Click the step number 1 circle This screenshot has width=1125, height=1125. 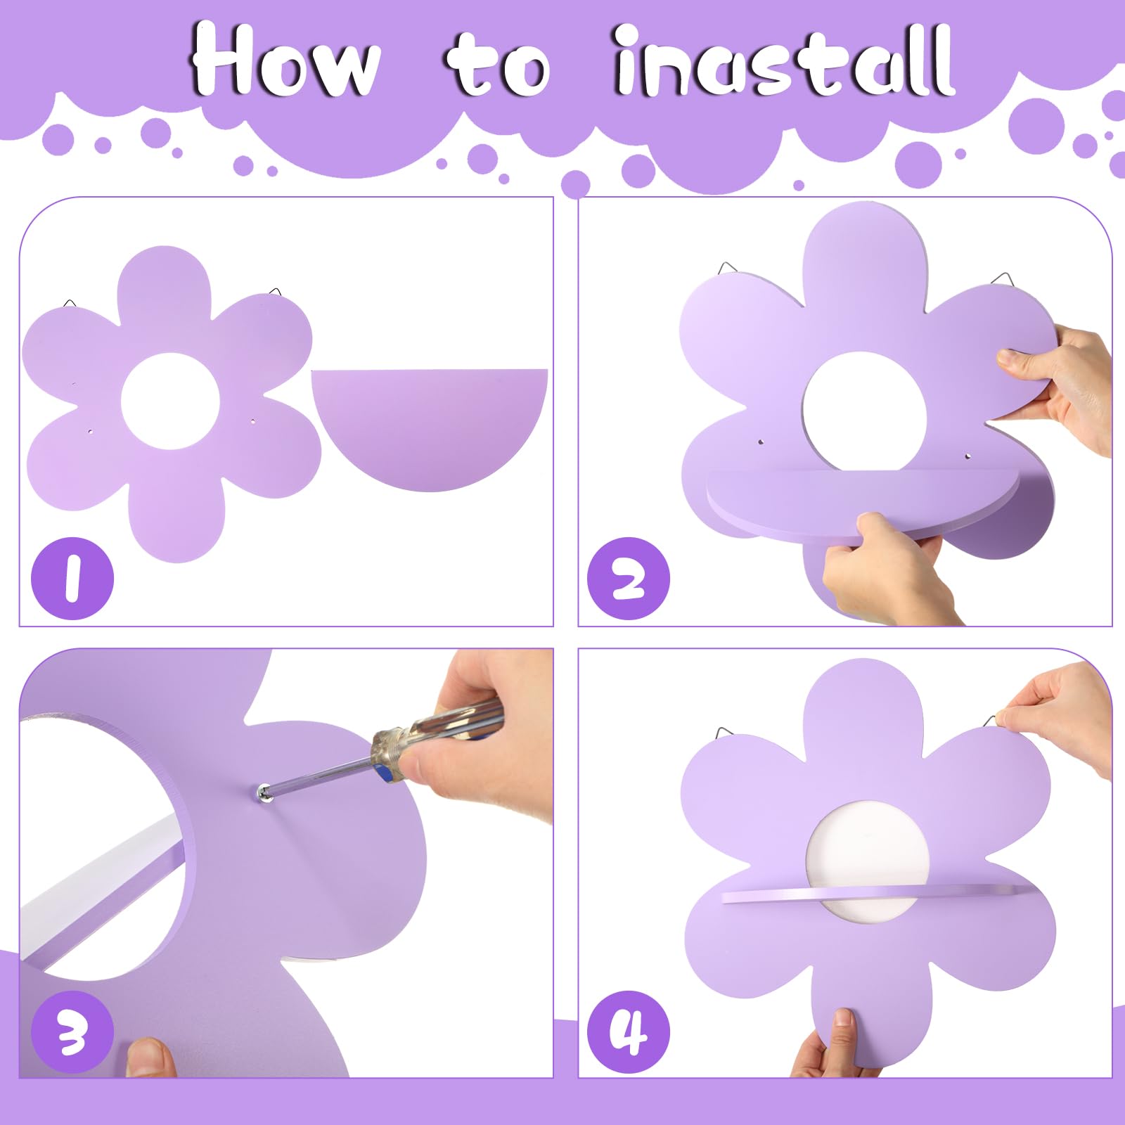[72, 578]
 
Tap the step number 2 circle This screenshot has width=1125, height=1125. [629, 578]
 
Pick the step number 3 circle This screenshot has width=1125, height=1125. [72, 1032]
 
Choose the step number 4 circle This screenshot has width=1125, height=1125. [629, 1032]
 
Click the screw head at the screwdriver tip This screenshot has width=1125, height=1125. [264, 792]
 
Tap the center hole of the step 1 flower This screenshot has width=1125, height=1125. [170, 401]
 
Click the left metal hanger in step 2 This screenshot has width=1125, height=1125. [728, 269]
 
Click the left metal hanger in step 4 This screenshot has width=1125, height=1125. [728, 734]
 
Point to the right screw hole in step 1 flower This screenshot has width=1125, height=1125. [254, 421]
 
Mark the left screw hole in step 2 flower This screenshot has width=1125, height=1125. [761, 442]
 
